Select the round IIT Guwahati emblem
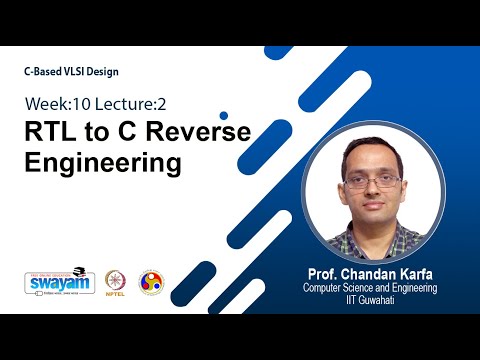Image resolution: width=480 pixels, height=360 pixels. point(152,282)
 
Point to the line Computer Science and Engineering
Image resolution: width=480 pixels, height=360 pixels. point(371,287)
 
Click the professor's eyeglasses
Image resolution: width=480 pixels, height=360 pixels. point(372,183)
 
